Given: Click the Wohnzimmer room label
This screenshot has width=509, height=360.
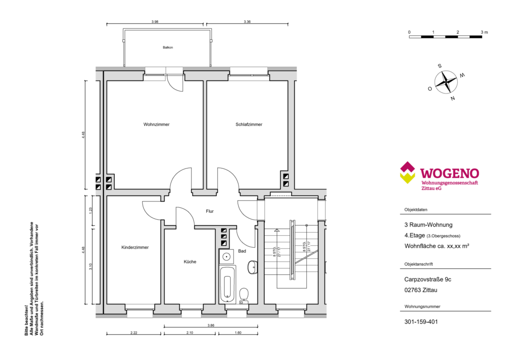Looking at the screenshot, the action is point(157,124).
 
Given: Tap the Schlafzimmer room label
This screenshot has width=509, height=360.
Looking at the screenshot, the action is point(249,124).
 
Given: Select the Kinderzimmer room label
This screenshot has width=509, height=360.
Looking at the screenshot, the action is point(135,247).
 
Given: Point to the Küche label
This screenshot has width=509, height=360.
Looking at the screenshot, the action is point(190,262).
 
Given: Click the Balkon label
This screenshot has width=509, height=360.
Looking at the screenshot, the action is point(168,47).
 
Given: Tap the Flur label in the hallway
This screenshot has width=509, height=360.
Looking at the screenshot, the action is point(210,211).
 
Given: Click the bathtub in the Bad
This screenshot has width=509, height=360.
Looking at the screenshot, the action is point(227,284).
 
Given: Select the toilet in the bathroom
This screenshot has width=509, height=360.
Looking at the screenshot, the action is point(244,296).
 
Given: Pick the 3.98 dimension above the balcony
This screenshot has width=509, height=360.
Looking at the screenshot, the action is point(155,22).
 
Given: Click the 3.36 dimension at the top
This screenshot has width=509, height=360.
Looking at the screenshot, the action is point(247,22).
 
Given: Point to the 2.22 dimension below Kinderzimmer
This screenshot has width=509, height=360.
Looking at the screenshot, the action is point(134,333).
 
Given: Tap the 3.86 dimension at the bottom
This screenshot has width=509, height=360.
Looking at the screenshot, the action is point(211,325).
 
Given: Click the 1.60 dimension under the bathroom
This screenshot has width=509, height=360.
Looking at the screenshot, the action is point(238,333).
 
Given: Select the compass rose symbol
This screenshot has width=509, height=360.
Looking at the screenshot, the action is point(446,82).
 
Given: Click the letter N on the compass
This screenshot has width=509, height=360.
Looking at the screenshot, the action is point(453,98).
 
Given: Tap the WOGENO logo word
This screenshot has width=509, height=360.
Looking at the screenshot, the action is point(449,174).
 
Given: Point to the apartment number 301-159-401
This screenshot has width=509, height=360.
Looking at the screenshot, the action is point(421,322).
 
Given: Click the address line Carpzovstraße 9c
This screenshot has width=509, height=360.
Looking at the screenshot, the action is point(428,279).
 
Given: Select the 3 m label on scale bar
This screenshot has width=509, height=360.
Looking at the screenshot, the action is point(484,32).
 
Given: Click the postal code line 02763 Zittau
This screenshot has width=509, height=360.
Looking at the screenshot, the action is point(421,290).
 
